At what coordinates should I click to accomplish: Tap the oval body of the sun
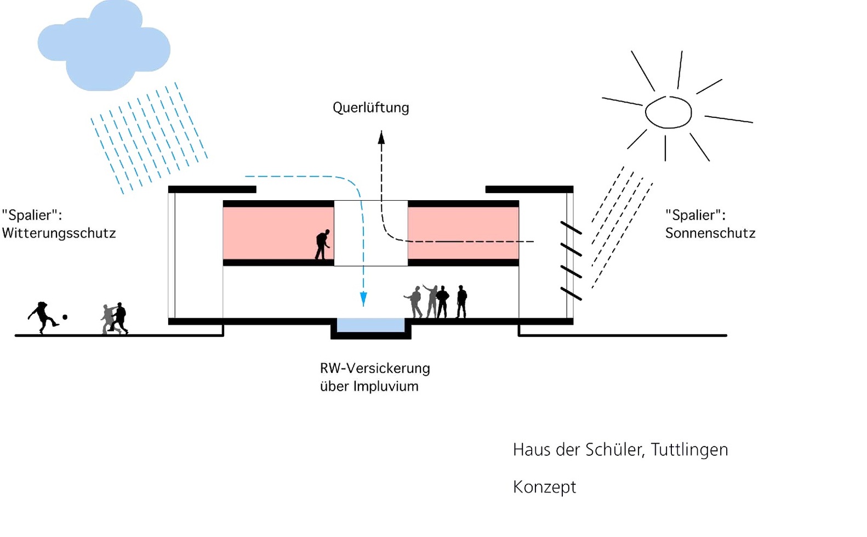tap(668, 112)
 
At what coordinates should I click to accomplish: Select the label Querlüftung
tap(370, 108)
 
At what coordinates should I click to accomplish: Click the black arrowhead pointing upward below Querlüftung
tap(381, 137)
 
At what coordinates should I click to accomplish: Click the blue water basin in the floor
tap(370, 325)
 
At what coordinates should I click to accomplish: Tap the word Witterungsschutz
tap(59, 233)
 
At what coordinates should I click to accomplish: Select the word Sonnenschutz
tap(710, 233)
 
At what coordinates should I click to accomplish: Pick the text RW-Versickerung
tap(375, 368)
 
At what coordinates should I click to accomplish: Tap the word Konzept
tap(544, 487)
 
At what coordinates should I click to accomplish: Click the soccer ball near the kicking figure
tap(65, 317)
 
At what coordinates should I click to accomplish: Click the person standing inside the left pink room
tap(322, 245)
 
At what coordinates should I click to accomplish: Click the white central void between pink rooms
tap(370, 233)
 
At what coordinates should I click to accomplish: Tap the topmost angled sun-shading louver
tap(571, 228)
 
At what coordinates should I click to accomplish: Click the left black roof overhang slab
tap(212, 190)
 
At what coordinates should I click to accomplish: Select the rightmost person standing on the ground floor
tap(461, 302)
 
